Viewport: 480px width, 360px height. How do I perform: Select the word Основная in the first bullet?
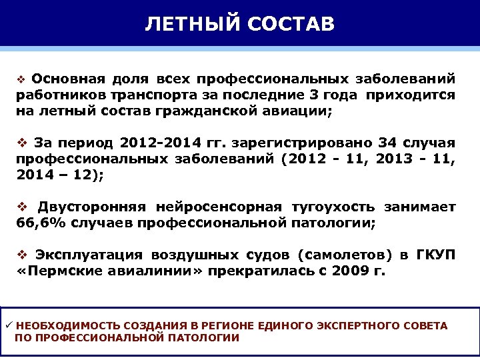pos(63,79)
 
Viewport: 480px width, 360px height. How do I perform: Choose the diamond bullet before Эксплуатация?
pos(21,255)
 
